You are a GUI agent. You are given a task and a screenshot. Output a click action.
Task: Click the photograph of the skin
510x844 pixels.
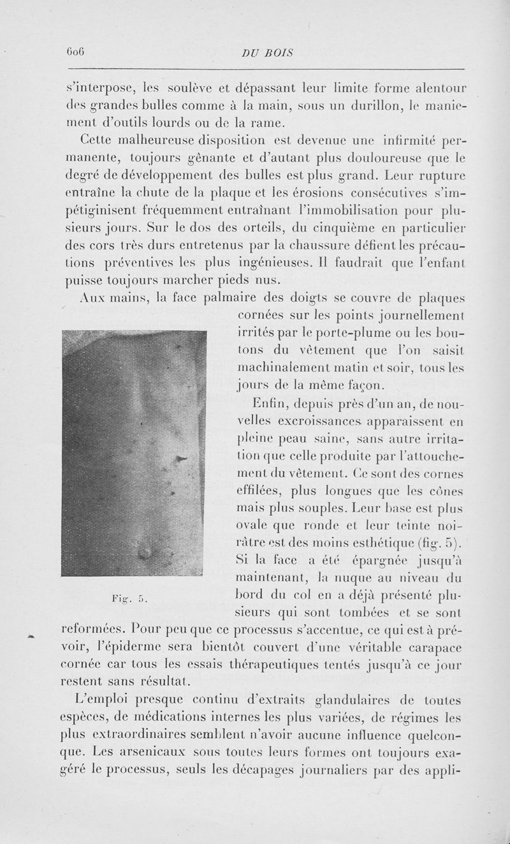pyautogui.click(x=135, y=453)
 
